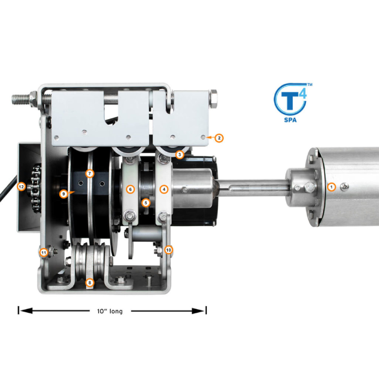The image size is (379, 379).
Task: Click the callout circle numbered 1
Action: (x=331, y=187)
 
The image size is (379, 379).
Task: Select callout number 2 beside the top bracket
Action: (x=219, y=138)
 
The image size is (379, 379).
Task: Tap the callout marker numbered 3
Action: (x=180, y=154)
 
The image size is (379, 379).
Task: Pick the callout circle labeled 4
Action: (x=164, y=189)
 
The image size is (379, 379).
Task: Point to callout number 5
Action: (x=146, y=203)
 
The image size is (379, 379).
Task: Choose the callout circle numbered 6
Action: (x=130, y=189)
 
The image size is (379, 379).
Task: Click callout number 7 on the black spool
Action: (x=90, y=173)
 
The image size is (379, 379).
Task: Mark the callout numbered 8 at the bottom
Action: (x=90, y=282)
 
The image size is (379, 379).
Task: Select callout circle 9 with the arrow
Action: (x=63, y=194)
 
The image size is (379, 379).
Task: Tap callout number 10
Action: (x=169, y=250)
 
